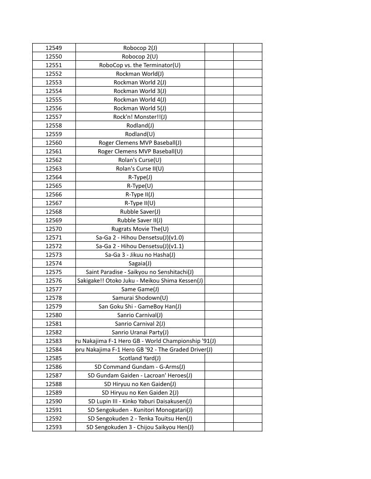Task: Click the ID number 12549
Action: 54,48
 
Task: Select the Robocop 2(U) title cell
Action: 140,56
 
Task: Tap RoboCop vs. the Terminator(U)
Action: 140,65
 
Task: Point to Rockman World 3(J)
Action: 140,91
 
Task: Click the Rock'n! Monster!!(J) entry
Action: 140,117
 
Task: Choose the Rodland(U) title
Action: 140,134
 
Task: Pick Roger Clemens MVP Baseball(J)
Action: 140,142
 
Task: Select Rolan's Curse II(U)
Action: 140,168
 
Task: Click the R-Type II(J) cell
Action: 140,194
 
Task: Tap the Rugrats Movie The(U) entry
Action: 140,229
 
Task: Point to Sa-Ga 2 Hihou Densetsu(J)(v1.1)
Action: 140,246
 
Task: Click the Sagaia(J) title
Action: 140,263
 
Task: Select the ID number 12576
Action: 54,280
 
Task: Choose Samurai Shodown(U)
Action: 140,298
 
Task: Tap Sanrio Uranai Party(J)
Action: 140,332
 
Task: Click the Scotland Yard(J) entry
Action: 140,358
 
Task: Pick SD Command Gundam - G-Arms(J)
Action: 140,367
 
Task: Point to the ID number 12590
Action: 54,401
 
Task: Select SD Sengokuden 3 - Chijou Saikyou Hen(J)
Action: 140,427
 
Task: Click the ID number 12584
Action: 54,349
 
